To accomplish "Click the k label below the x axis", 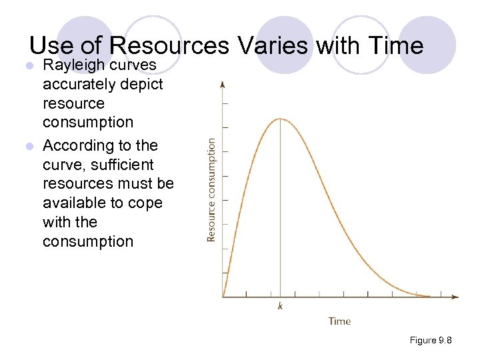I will coord(280,306).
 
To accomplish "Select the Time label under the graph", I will coord(339,321).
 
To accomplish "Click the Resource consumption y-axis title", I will coord(211,190).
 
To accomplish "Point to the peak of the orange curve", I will coord(280,119).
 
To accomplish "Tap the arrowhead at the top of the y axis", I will coord(223,84).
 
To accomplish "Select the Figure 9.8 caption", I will coord(431,341).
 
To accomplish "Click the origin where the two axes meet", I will coord(223,297).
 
